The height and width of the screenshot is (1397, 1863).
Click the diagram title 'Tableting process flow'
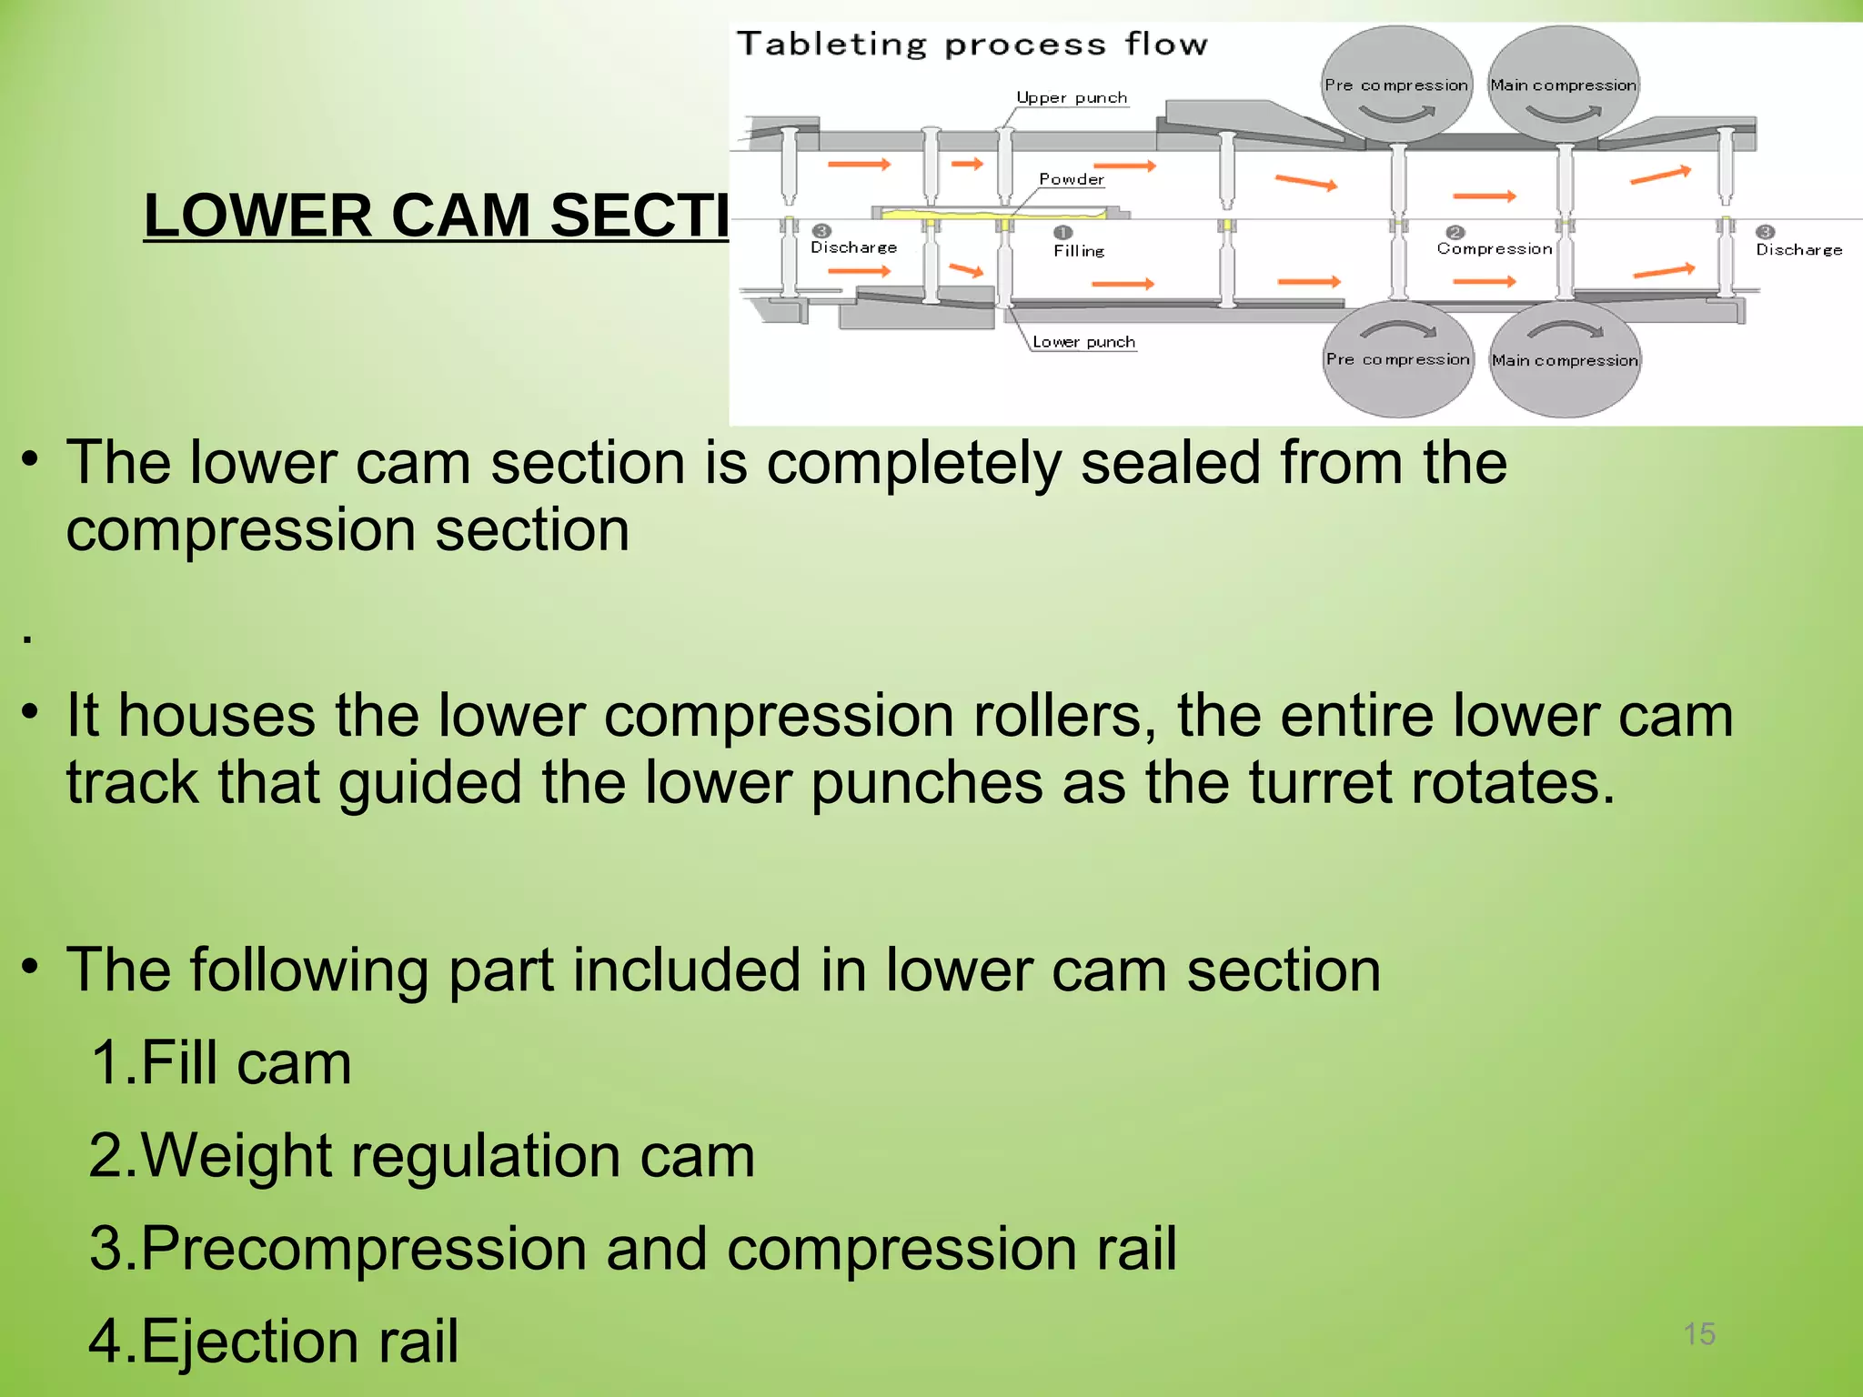point(972,44)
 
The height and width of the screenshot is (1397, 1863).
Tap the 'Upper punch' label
point(1072,97)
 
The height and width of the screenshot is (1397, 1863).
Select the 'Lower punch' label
point(1083,342)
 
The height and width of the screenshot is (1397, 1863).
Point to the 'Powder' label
point(1072,179)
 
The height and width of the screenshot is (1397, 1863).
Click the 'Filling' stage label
point(1079,250)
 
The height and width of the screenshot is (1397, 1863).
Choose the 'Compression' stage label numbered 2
point(1495,248)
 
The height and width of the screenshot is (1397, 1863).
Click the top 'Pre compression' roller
point(1395,85)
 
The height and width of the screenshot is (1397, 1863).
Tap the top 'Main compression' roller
point(1563,85)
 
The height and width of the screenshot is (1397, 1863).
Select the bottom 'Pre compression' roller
point(1397,360)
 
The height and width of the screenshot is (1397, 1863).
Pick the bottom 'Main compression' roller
point(1565,361)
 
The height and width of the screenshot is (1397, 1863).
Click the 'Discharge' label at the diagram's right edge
point(1798,249)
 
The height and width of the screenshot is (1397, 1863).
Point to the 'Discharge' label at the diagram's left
point(853,247)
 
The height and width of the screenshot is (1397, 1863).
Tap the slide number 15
point(1698,1333)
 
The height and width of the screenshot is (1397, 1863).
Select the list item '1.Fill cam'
point(221,1062)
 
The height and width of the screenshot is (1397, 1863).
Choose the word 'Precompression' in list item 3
point(364,1248)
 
